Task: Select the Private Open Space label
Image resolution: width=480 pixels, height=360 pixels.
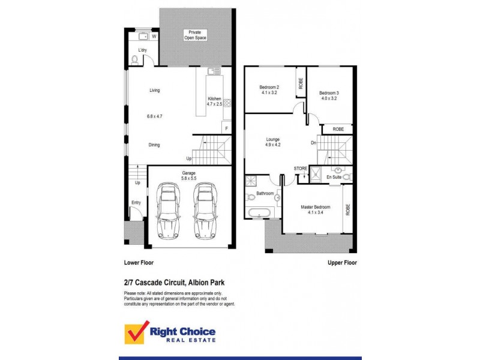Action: pos(195,35)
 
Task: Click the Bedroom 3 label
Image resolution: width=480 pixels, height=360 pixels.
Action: pos(329,93)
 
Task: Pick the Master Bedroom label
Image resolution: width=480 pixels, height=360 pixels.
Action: pos(315,208)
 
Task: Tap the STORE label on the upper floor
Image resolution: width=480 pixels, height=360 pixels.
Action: pos(300,169)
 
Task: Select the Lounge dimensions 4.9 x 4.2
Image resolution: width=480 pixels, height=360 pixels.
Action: pos(274,145)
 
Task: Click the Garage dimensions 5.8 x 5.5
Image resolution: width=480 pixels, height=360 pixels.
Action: pos(189,179)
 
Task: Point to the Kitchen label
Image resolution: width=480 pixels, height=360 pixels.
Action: pos(214,98)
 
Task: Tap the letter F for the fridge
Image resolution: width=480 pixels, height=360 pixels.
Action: pos(226,129)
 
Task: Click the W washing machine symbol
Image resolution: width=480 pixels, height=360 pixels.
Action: pos(154,37)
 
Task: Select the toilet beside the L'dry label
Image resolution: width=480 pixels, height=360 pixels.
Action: pos(135,59)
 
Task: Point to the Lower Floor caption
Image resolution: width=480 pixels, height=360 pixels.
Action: pos(137,263)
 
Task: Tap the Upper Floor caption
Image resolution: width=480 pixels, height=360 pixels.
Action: pos(342,263)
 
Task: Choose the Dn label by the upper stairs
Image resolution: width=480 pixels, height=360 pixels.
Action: pos(313,143)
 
